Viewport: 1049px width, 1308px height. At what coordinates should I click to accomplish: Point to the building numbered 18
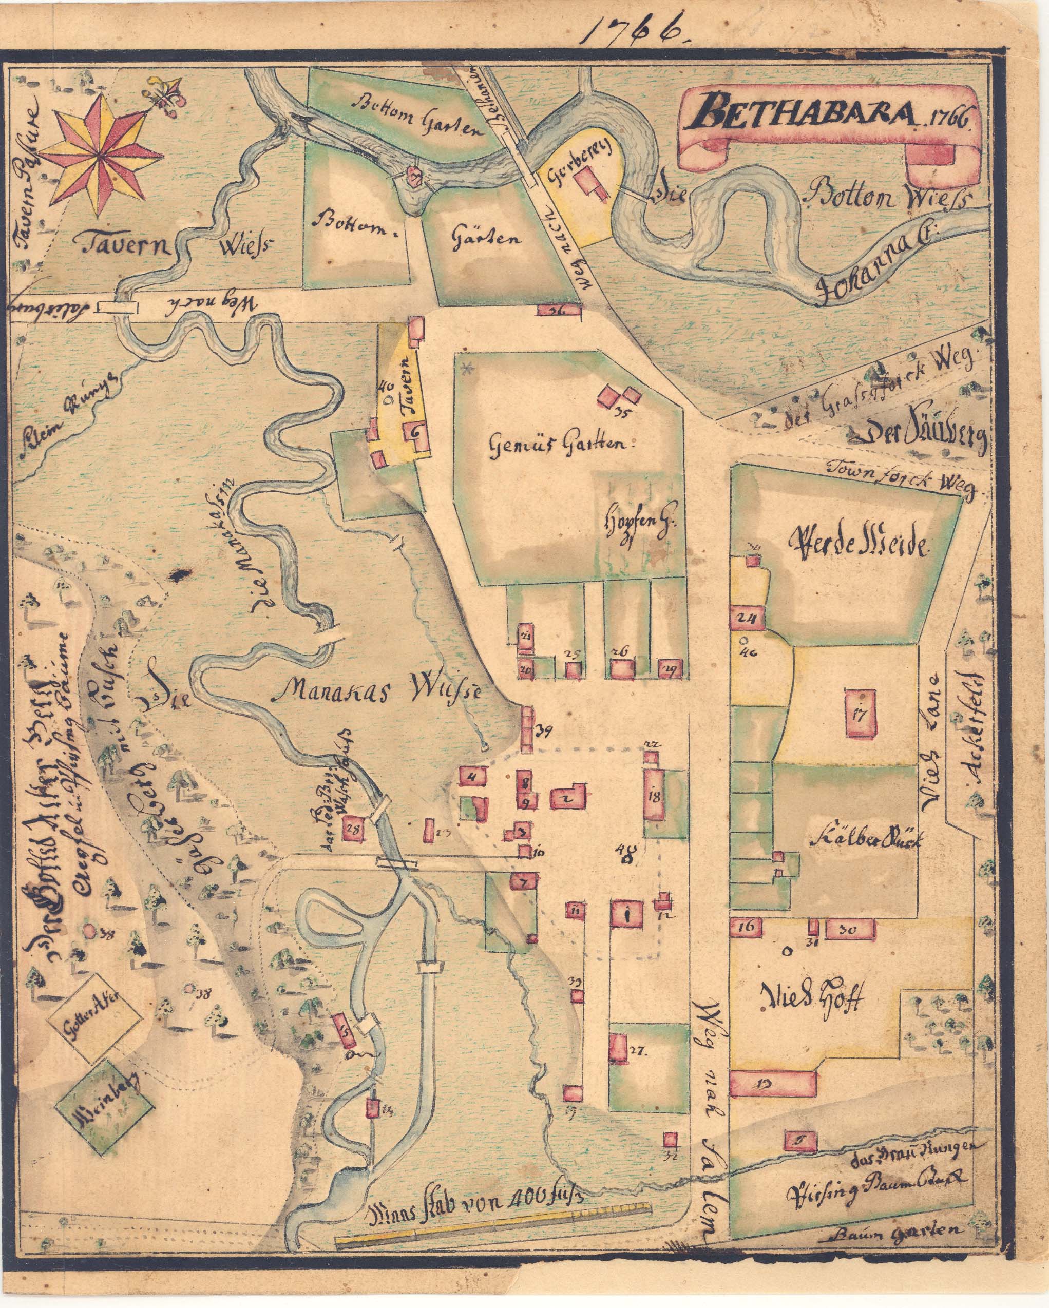point(655,795)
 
